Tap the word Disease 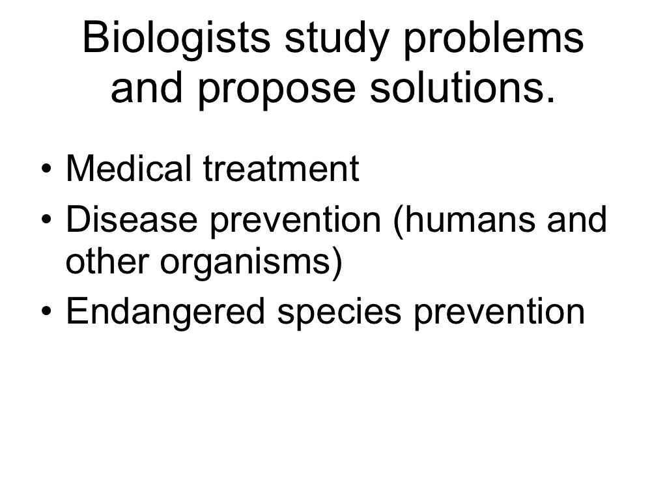132,221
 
